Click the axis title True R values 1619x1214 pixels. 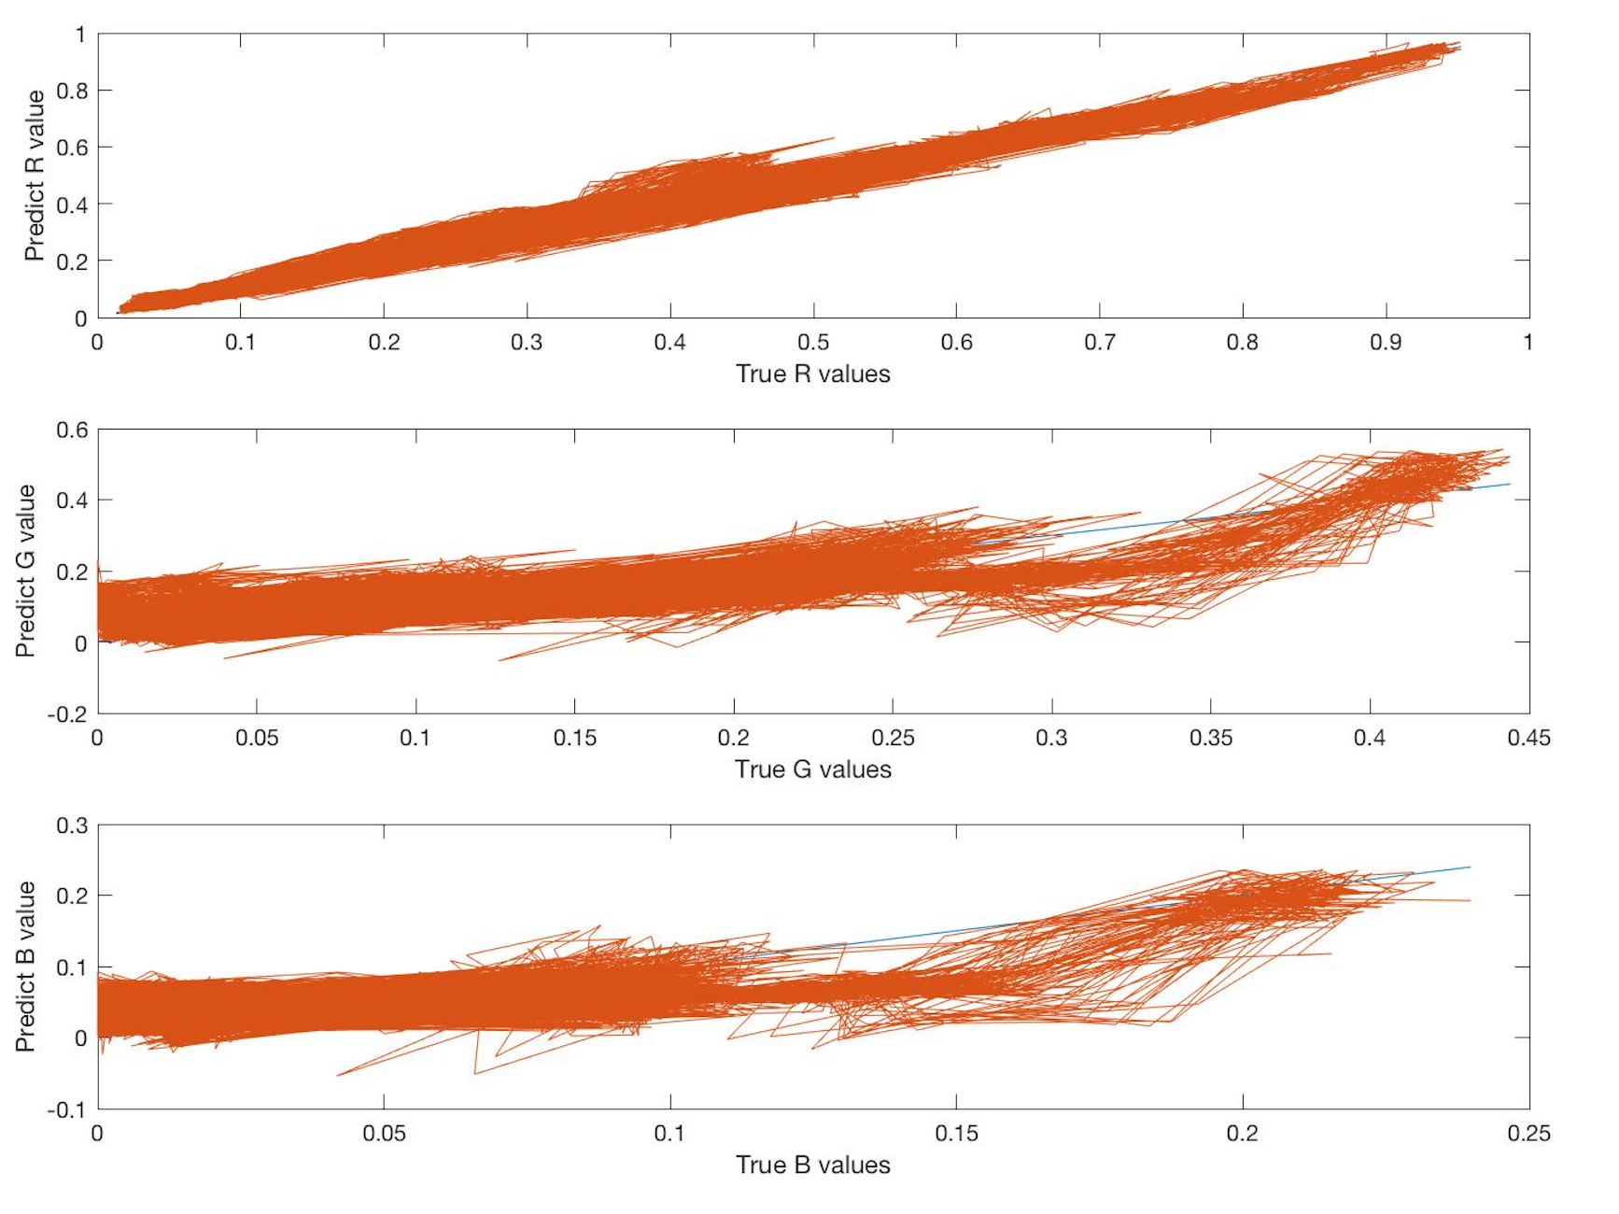812,374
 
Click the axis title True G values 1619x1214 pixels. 812,769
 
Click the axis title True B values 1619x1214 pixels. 812,1165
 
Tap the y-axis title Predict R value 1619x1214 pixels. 35,176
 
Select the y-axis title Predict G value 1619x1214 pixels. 25,571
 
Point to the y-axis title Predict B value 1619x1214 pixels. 25,967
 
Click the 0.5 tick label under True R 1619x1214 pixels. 813,343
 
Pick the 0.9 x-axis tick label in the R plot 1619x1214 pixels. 1386,343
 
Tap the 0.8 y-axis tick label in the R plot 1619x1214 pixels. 71,91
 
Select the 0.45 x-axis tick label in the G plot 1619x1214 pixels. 1528,739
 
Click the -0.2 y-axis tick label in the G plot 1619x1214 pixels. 66,714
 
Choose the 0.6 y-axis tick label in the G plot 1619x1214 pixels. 71,430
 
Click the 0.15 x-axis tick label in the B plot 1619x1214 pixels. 956,1134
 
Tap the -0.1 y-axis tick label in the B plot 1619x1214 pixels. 66,1109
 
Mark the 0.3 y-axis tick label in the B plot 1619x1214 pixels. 71,826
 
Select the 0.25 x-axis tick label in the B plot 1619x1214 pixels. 1528,1134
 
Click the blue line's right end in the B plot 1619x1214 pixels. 1470,868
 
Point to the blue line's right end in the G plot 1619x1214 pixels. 1509,484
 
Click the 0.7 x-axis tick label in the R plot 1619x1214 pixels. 1100,343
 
